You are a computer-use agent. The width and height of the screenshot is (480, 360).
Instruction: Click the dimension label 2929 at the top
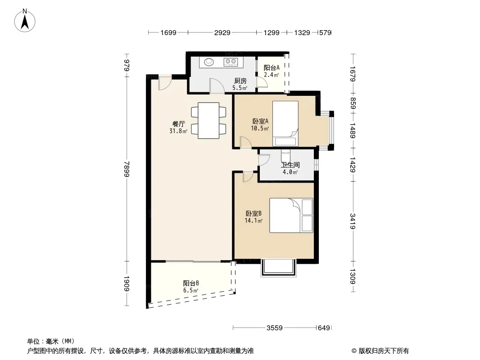[222, 32]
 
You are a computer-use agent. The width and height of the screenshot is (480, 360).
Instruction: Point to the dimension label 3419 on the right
[353, 221]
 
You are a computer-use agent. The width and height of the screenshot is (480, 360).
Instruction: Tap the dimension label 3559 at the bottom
[275, 328]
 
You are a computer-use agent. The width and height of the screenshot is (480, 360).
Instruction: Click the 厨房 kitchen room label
[240, 81]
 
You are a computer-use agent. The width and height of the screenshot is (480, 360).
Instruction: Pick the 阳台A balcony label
[272, 67]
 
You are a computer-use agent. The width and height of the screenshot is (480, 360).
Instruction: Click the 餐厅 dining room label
[178, 124]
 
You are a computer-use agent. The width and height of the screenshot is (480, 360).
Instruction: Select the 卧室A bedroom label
[260, 121]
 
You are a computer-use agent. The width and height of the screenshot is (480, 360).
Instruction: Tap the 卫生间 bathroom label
[290, 165]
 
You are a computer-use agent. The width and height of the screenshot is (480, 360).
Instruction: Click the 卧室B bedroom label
[254, 213]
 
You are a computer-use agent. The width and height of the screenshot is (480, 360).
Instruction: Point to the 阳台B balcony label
[191, 283]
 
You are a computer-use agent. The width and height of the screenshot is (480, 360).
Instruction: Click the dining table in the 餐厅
[208, 120]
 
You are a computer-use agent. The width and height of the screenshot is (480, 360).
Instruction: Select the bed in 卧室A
[285, 124]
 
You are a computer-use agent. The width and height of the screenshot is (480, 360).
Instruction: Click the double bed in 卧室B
[291, 216]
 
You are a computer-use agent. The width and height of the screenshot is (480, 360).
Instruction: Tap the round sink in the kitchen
[209, 62]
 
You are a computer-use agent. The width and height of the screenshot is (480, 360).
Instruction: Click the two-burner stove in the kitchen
[231, 62]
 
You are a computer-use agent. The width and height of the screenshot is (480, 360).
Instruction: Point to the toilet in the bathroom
[286, 155]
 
